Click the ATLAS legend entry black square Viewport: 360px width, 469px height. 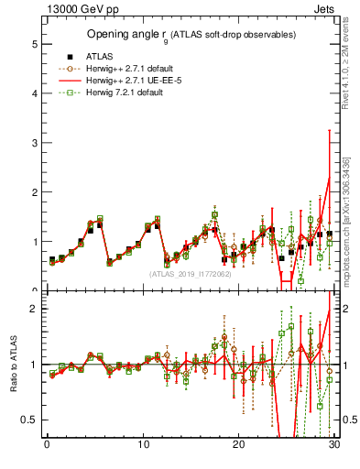click(x=69, y=55)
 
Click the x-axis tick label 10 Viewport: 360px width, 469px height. click(x=142, y=446)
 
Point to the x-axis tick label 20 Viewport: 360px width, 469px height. click(x=238, y=446)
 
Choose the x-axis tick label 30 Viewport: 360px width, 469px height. click(x=334, y=446)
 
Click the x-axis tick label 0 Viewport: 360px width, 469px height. click(x=46, y=446)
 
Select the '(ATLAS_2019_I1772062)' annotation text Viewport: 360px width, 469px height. click(x=191, y=273)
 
